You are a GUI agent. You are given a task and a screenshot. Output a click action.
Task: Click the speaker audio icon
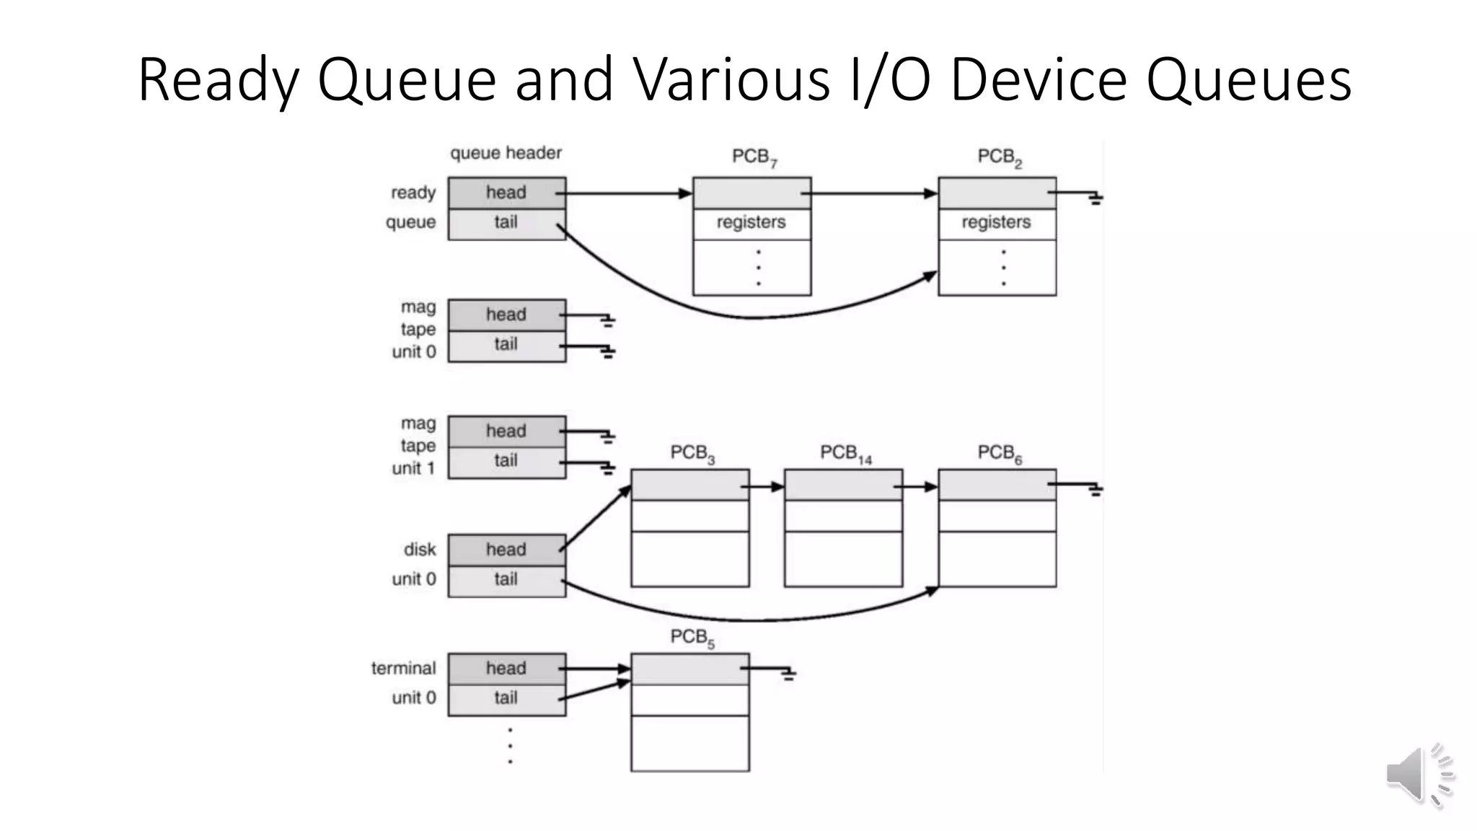click(1418, 775)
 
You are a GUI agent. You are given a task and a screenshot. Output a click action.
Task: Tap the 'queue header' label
click(506, 153)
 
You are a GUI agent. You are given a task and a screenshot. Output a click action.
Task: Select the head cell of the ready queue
click(506, 193)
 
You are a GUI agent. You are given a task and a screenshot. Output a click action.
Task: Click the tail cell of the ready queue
click(506, 223)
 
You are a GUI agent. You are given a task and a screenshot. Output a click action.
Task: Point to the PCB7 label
click(754, 157)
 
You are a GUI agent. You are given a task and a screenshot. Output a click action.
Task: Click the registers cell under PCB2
click(997, 223)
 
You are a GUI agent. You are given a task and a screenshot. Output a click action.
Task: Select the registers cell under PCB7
click(751, 223)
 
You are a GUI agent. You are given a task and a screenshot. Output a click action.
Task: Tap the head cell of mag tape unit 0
click(506, 315)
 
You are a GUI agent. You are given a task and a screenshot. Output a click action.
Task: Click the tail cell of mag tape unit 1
click(506, 461)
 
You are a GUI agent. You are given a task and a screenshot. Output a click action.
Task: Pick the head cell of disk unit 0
click(506, 550)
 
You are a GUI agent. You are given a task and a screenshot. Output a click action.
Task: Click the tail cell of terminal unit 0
click(506, 698)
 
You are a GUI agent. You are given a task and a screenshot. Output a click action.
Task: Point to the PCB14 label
click(845, 454)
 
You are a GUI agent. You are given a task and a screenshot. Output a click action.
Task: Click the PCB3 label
click(692, 454)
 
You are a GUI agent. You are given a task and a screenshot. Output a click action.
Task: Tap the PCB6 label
click(999, 454)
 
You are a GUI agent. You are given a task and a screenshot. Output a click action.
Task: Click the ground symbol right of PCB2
click(1095, 198)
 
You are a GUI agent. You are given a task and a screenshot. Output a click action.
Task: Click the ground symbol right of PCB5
click(788, 674)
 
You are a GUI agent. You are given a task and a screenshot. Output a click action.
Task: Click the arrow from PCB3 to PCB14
click(766, 487)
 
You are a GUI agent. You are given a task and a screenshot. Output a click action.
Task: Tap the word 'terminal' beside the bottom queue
click(403, 669)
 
